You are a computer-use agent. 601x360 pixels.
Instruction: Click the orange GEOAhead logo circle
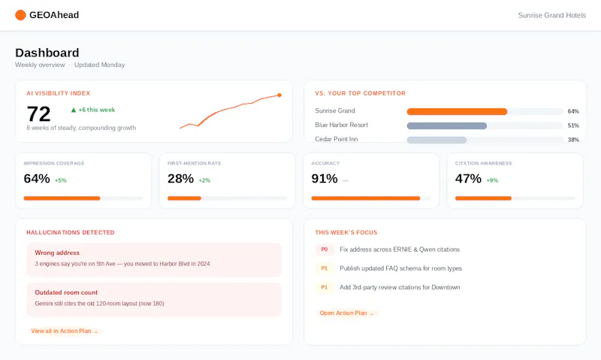[x=20, y=15]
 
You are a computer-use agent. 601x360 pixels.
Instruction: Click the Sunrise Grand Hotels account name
[x=552, y=15]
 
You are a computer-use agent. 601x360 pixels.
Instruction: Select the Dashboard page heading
[x=47, y=53]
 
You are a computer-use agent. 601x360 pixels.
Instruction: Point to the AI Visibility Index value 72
[x=39, y=114]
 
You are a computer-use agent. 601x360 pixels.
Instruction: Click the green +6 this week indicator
[x=93, y=110]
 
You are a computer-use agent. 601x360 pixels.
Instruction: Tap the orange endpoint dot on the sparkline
[x=279, y=95]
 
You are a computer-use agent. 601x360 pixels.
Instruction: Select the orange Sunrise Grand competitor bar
[x=457, y=111]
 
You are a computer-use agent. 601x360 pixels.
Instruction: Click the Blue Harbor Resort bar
[x=447, y=126]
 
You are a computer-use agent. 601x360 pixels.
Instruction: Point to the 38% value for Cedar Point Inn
[x=573, y=140]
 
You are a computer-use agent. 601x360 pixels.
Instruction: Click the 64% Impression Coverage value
[x=37, y=179]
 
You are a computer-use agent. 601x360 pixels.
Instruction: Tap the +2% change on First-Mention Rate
[x=204, y=180]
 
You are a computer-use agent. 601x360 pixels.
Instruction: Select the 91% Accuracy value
[x=325, y=179]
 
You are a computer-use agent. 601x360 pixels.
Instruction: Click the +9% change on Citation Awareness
[x=493, y=180]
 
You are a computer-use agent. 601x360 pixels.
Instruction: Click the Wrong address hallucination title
[x=57, y=253]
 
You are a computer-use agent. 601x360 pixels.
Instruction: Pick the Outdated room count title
[x=66, y=292]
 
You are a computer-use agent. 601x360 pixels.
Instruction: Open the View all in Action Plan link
[x=65, y=331]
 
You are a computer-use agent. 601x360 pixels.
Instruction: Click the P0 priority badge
[x=325, y=250]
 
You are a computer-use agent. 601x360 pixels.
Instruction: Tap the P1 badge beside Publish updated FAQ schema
[x=325, y=268]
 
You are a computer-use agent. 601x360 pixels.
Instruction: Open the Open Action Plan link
[x=347, y=313]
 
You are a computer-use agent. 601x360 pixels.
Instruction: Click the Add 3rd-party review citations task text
[x=400, y=287]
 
